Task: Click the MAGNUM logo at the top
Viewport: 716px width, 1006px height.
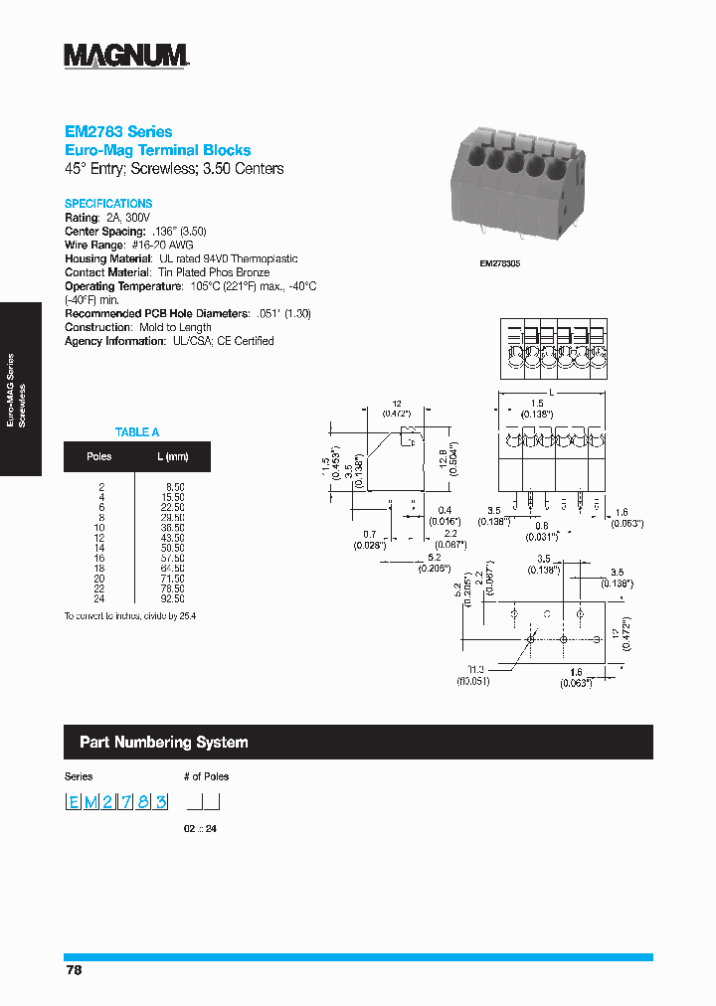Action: click(x=126, y=56)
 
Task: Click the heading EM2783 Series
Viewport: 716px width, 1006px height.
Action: click(x=118, y=131)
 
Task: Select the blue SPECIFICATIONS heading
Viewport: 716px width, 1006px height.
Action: click(x=108, y=203)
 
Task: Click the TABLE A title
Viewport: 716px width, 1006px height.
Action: click(x=137, y=432)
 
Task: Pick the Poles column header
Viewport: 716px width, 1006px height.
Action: click(x=99, y=457)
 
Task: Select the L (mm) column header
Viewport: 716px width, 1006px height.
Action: click(x=172, y=457)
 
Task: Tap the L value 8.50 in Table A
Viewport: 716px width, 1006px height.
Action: click(x=175, y=486)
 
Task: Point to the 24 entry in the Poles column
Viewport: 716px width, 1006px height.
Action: click(x=99, y=600)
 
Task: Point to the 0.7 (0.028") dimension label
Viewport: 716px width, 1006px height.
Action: click(x=370, y=539)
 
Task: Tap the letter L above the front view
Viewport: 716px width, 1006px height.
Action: click(x=552, y=394)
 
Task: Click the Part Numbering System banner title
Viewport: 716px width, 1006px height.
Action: click(x=164, y=743)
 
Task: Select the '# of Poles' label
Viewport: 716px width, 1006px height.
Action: click(x=206, y=776)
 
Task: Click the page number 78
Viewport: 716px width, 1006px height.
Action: click(x=74, y=970)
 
